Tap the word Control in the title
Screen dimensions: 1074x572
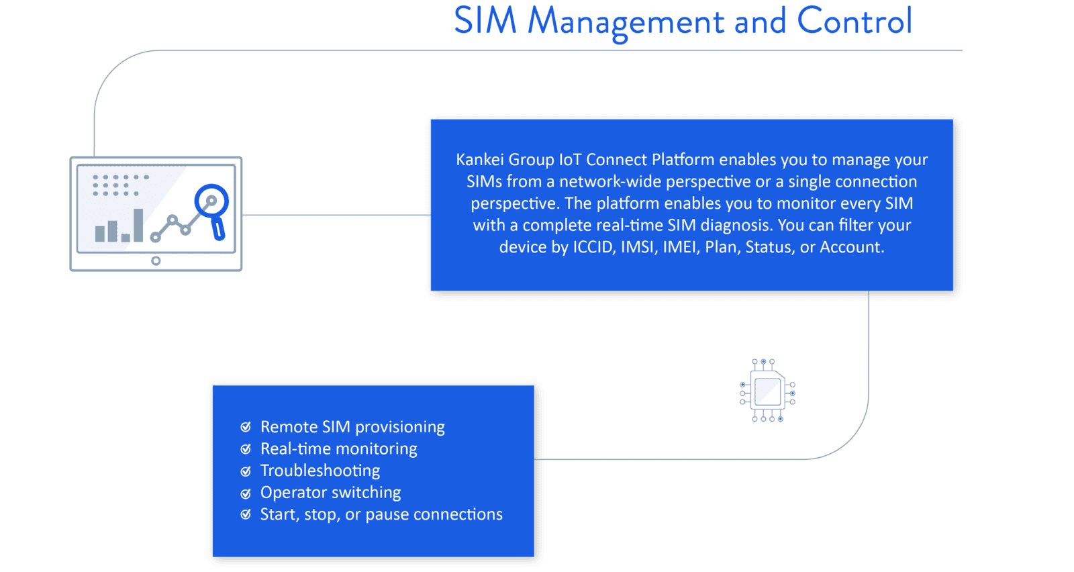click(x=855, y=21)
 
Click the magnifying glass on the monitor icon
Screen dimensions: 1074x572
click(x=213, y=210)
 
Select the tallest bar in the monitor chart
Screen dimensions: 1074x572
click(x=138, y=225)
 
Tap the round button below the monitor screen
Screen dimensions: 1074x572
click(x=156, y=261)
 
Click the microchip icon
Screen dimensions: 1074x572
click(x=767, y=390)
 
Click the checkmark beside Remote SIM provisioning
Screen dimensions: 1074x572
click(x=246, y=427)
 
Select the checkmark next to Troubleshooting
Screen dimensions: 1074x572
click(x=246, y=471)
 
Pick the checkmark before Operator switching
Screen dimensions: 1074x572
click(x=246, y=493)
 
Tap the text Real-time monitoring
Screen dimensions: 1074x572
click(x=338, y=448)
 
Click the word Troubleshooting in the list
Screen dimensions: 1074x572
click(x=320, y=471)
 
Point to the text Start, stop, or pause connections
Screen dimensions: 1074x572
click(x=381, y=514)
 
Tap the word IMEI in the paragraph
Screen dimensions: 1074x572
click(x=679, y=247)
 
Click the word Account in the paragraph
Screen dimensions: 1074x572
click(x=852, y=247)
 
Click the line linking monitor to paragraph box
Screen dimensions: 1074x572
click(x=336, y=215)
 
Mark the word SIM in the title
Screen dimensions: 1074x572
click(x=485, y=21)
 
